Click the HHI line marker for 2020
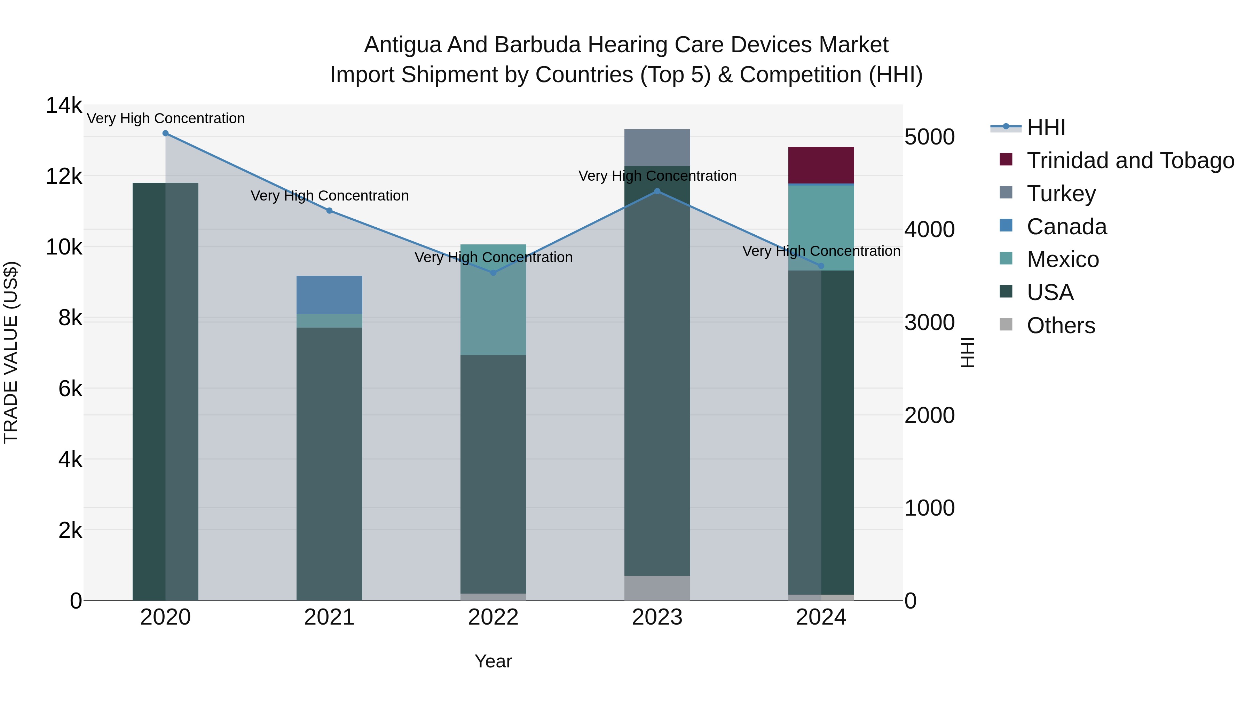165,133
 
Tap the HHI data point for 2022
493,273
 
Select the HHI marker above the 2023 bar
657,191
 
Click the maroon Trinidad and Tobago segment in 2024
821,165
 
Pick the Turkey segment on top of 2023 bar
657,147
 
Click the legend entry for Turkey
1061,194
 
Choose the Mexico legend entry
1063,259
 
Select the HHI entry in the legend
1046,127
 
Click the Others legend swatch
1006,324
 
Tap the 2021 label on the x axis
329,617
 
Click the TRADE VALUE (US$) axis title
11,352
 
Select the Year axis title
493,661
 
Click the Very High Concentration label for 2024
821,251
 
